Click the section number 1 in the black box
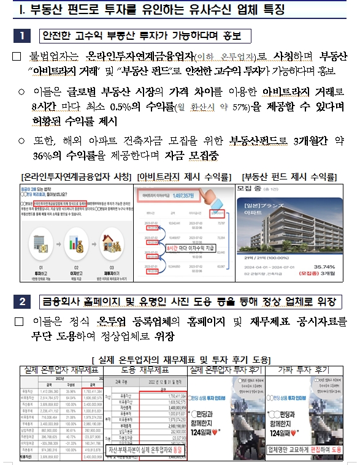[x=21, y=35]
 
